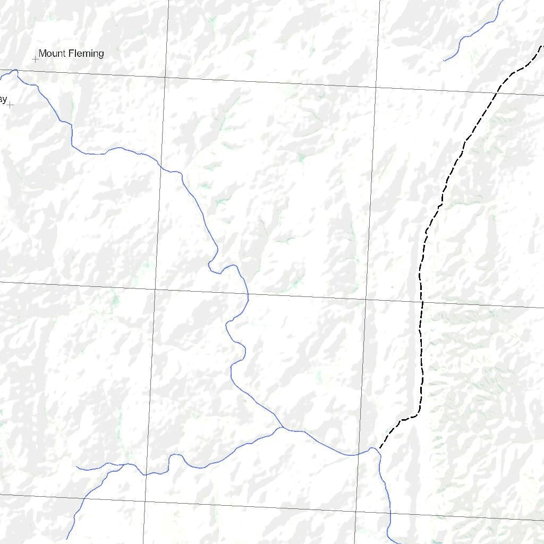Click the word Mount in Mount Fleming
point(52,54)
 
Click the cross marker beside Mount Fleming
point(36,59)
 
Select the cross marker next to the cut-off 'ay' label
point(10,105)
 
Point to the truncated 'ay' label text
point(3,100)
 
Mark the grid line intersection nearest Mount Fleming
point(165,78)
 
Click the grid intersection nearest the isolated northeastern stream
point(376,87)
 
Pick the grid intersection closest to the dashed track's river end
point(355,512)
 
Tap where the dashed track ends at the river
point(379,449)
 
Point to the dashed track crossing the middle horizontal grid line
point(422,302)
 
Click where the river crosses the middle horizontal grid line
point(248,294)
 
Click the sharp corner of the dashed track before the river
point(416,415)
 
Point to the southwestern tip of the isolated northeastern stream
point(444,61)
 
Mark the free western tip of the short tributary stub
point(76,467)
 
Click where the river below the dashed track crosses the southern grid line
point(390,513)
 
